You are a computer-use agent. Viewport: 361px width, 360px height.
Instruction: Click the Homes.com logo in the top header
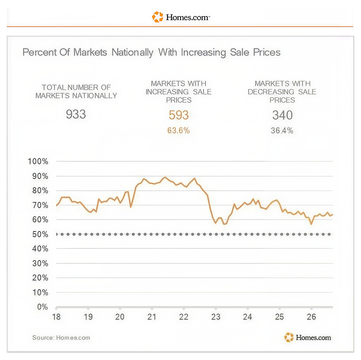(x=181, y=17)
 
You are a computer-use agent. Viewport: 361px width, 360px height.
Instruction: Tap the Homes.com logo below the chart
(x=307, y=337)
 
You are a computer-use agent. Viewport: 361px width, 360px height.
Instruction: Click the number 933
(x=76, y=114)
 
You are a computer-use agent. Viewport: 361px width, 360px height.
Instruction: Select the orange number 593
(x=179, y=115)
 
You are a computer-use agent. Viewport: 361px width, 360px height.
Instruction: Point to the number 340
(x=282, y=115)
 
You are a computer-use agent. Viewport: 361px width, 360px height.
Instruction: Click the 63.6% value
(x=178, y=130)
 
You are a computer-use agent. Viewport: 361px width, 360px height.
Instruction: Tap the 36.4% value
(x=282, y=130)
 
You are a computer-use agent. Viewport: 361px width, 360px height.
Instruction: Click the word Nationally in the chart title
(x=133, y=53)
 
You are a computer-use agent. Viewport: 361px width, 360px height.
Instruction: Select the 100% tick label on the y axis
(x=38, y=161)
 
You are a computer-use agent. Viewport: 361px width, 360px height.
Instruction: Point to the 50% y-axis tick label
(x=40, y=234)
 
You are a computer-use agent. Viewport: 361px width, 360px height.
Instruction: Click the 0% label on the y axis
(x=42, y=307)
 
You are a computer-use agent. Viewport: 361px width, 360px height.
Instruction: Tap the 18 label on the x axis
(x=56, y=317)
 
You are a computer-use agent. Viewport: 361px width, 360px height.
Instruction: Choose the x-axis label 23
(x=216, y=317)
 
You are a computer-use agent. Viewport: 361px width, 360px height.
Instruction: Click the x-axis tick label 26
(x=311, y=317)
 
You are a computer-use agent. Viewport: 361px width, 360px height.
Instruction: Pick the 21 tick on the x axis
(x=152, y=317)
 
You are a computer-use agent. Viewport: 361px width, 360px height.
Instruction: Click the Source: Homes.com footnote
(x=61, y=337)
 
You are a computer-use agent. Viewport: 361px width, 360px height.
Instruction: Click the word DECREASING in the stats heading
(x=271, y=92)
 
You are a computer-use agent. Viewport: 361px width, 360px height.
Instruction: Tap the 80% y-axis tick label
(x=40, y=191)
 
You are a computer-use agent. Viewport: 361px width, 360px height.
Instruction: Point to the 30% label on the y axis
(x=40, y=263)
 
